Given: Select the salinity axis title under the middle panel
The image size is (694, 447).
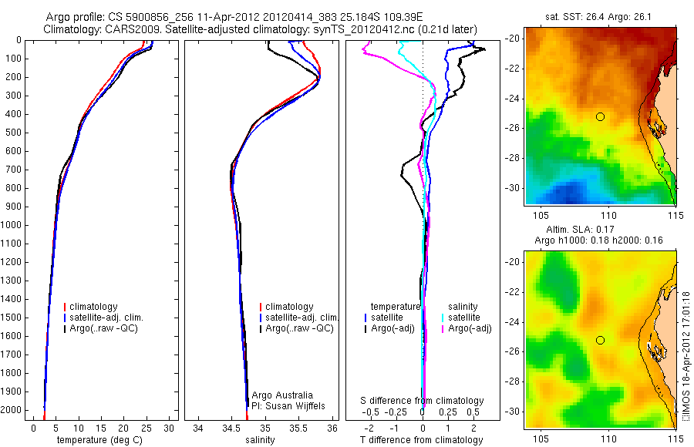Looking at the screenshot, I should [x=258, y=440].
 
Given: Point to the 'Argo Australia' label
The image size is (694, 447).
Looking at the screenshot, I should [x=283, y=394].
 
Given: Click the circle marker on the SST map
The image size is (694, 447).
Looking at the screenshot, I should [x=600, y=116].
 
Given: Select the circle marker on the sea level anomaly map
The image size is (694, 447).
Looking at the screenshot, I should [x=600, y=340].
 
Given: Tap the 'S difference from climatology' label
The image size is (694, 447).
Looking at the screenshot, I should [x=423, y=401].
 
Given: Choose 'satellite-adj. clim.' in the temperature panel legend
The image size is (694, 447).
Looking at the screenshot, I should [x=107, y=318].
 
